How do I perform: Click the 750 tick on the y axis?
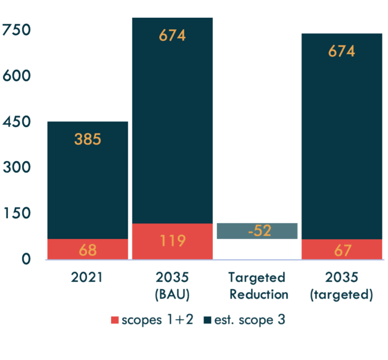(17, 31)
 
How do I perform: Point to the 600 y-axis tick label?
(17, 77)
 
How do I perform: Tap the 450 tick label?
(17, 122)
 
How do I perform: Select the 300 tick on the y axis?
(17, 168)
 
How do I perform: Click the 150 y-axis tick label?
(17, 214)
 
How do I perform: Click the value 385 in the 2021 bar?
(87, 139)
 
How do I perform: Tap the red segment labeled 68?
(87, 249)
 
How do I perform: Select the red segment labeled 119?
(172, 241)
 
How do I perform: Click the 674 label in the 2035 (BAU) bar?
(172, 36)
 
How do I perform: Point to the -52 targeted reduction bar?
(257, 231)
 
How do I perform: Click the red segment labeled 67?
(342, 249)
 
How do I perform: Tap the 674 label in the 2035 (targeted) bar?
(342, 52)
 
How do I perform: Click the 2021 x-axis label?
(87, 278)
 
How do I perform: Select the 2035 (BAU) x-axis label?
(172, 286)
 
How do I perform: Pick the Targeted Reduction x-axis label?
(257, 286)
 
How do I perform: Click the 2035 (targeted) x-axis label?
(342, 286)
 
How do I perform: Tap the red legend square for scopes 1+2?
(115, 320)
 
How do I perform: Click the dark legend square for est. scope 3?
(207, 320)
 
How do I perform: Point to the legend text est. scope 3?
(247, 320)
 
